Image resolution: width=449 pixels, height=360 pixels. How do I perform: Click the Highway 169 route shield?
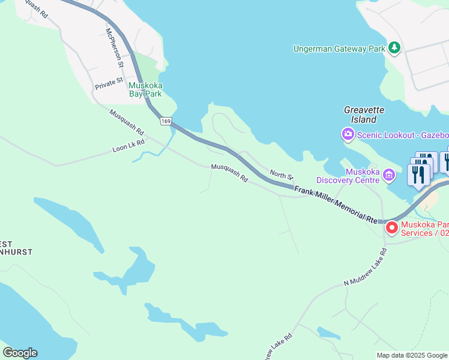(x=166, y=122)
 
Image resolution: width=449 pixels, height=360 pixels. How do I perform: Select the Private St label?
(x=109, y=83)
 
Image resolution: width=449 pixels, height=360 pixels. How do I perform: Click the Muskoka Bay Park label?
(x=145, y=89)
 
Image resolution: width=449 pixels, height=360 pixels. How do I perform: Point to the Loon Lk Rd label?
(x=128, y=147)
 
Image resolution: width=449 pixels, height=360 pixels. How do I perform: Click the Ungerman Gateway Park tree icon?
(x=394, y=48)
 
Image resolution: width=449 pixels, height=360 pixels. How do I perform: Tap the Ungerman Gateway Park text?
(x=339, y=49)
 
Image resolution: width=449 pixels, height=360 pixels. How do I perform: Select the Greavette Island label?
(x=364, y=115)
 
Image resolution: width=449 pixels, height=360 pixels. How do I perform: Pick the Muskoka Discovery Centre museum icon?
(x=389, y=175)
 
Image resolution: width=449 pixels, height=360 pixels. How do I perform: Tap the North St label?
(x=282, y=175)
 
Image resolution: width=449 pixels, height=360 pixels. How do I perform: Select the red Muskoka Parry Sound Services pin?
(x=391, y=228)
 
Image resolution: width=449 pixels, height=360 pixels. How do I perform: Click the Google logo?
(x=20, y=353)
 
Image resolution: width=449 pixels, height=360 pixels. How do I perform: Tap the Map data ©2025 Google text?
(x=412, y=355)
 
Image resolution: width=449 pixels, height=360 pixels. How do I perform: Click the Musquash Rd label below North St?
(x=229, y=173)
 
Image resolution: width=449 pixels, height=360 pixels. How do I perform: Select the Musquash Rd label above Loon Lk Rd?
(x=127, y=122)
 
